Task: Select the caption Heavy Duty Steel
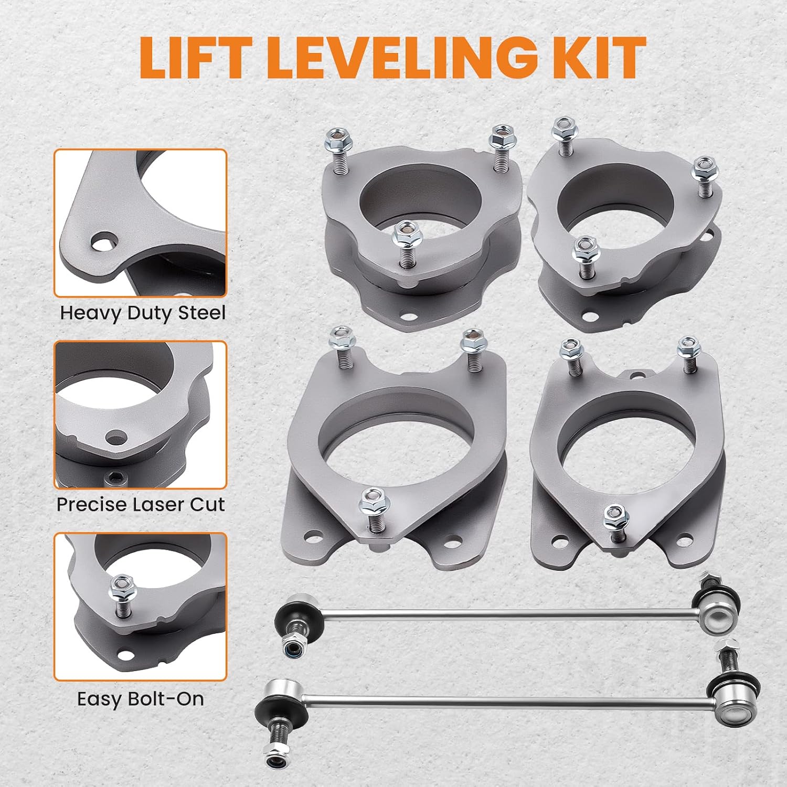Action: pyautogui.click(x=143, y=313)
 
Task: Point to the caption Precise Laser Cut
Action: pyautogui.click(x=141, y=504)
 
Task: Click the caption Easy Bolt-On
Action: pyautogui.click(x=141, y=699)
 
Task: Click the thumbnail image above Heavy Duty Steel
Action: pyautogui.click(x=141, y=223)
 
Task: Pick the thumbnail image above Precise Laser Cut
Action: pyautogui.click(x=141, y=415)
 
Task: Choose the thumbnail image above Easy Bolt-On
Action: pyautogui.click(x=141, y=607)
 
